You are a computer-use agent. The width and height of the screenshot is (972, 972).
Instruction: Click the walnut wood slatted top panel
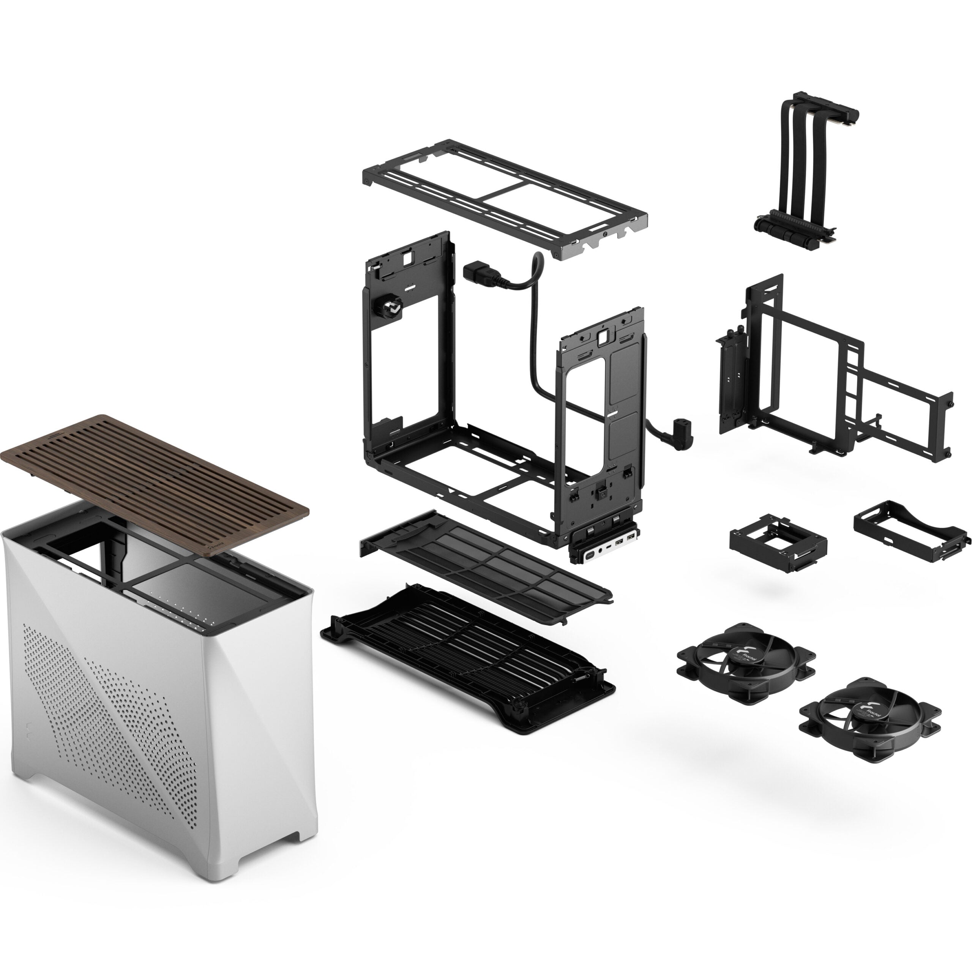(151, 483)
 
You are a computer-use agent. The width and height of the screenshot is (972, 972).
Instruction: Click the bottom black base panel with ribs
(468, 659)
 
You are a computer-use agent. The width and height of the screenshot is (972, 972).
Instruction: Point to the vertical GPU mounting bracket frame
(830, 372)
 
